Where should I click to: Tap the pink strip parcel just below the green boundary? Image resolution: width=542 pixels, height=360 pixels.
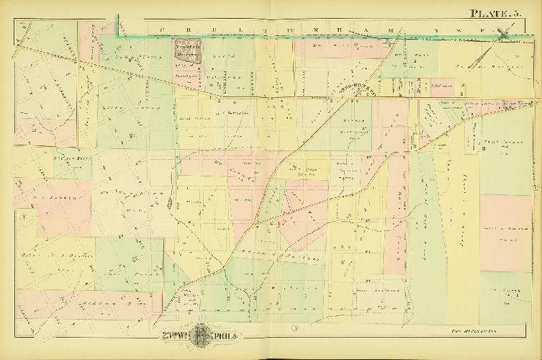89,43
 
